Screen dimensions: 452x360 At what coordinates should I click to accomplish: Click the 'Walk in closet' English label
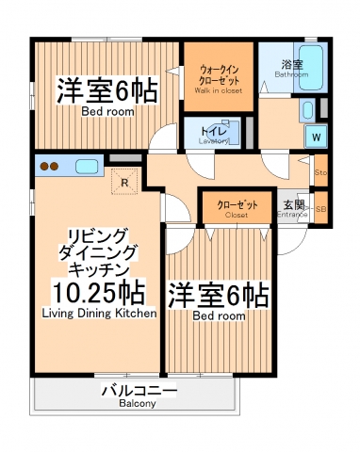pyautogui.click(x=218, y=91)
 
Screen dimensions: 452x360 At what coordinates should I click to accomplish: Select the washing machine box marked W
pyautogui.click(x=315, y=136)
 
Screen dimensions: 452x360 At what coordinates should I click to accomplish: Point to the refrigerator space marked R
pyautogui.click(x=123, y=182)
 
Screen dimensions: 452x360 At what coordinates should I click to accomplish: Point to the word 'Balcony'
pyautogui.click(x=138, y=403)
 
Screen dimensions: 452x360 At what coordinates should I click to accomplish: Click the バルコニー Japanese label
pyautogui.click(x=138, y=390)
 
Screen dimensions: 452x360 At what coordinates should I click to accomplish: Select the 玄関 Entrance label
pyautogui.click(x=293, y=205)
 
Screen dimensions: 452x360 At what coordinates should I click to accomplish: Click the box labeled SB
pyautogui.click(x=321, y=209)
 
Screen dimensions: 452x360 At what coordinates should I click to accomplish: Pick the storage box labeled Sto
pyautogui.click(x=320, y=173)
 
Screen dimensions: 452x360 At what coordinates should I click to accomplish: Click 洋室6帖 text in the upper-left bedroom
pyautogui.click(x=106, y=91)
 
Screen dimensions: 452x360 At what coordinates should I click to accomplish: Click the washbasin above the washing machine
pyautogui.click(x=309, y=111)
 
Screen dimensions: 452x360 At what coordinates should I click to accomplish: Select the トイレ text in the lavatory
pyautogui.click(x=210, y=124)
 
